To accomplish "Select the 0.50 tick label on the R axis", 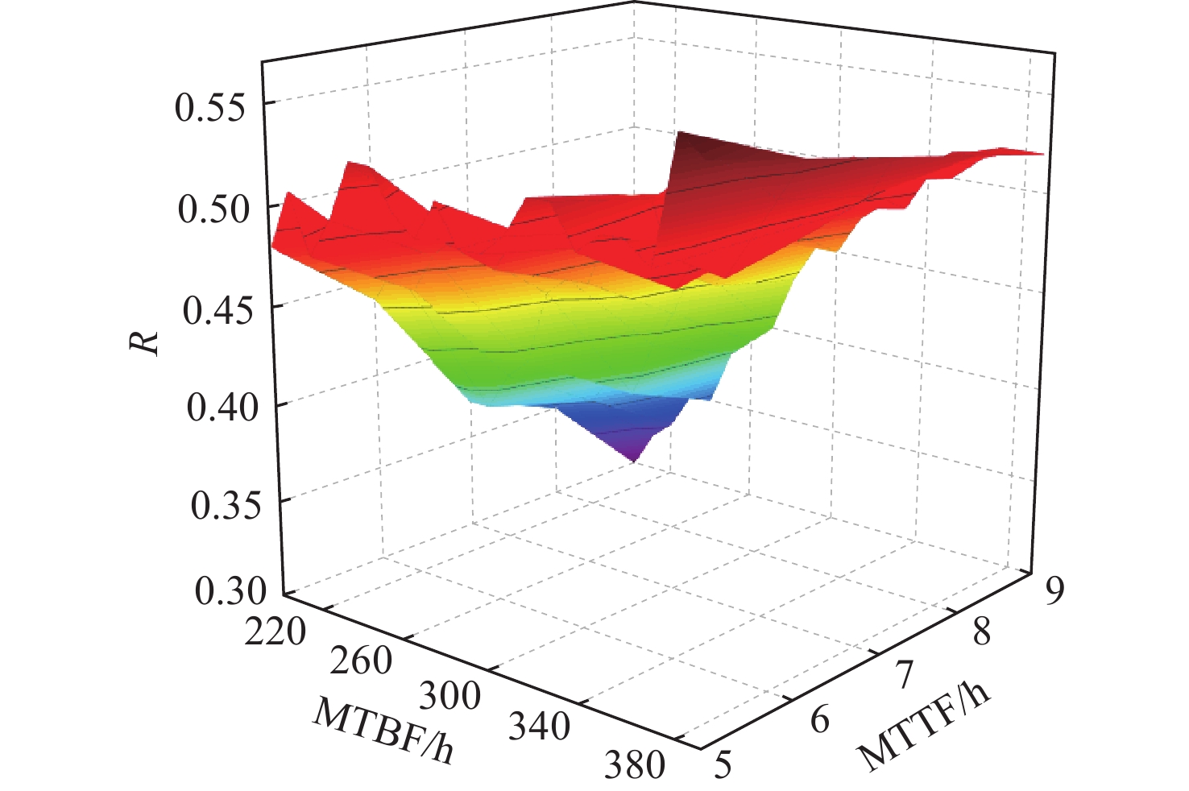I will pyautogui.click(x=211, y=209).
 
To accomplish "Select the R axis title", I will pyautogui.click(x=144, y=342).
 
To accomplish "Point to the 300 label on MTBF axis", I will pyautogui.click(x=449, y=694).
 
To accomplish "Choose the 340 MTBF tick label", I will pyautogui.click(x=539, y=727).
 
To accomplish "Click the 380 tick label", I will pyautogui.click(x=635, y=764).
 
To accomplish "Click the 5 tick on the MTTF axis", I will pyautogui.click(x=723, y=764).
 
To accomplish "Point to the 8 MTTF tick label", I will pyautogui.click(x=981, y=632).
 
